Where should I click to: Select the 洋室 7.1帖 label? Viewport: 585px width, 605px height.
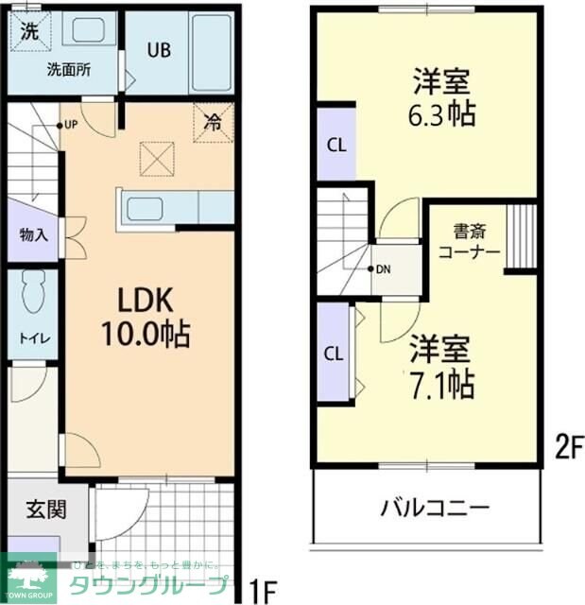click(440, 368)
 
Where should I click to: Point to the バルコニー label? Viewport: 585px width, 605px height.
click(436, 508)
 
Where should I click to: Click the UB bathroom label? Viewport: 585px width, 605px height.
click(157, 50)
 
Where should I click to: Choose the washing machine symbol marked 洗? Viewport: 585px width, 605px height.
click(30, 29)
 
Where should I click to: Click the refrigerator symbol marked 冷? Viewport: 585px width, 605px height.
click(213, 122)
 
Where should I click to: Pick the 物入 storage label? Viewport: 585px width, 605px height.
click(33, 234)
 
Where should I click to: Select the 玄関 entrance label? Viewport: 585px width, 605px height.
click(45, 510)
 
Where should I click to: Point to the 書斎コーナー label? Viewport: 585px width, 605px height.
click(464, 241)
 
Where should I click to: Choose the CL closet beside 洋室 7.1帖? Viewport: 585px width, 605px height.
click(334, 354)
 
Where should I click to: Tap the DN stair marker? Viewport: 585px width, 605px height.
click(381, 268)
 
